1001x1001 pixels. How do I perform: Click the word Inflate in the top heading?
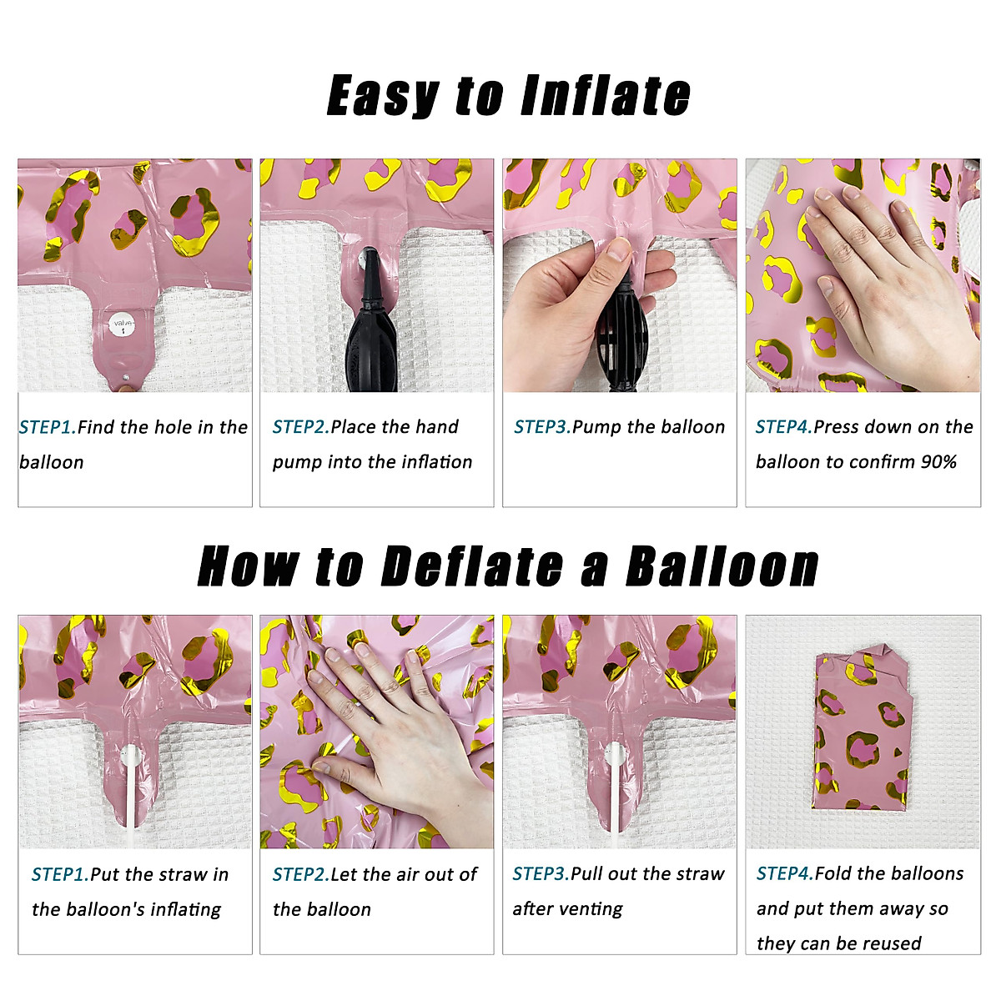[606, 95]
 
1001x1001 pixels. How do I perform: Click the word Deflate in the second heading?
[471, 567]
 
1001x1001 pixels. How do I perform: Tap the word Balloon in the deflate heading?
[722, 567]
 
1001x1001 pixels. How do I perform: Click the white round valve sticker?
[123, 325]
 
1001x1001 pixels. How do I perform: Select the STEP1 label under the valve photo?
[48, 427]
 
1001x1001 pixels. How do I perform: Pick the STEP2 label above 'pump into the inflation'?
[301, 427]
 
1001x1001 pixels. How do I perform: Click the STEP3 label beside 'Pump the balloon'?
[542, 427]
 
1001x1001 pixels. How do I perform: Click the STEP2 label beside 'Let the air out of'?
[301, 875]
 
